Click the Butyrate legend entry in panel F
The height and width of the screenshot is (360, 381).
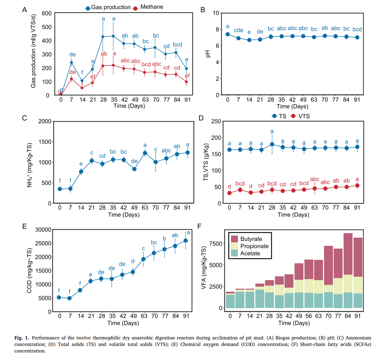coord(250,239)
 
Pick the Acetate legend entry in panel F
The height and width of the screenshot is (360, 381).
coord(250,253)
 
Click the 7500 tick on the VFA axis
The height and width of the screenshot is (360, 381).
coord(216,243)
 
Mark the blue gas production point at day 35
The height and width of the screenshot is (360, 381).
coord(113,36)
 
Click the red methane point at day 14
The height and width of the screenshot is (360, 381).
coord(82,88)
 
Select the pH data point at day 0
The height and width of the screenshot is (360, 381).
coord(228,34)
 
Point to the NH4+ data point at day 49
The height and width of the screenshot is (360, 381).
coord(134,169)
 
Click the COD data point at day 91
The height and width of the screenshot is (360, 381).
coord(186,240)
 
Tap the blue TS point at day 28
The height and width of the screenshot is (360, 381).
coord(272,144)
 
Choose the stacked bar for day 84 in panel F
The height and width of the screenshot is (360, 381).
coord(348,271)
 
